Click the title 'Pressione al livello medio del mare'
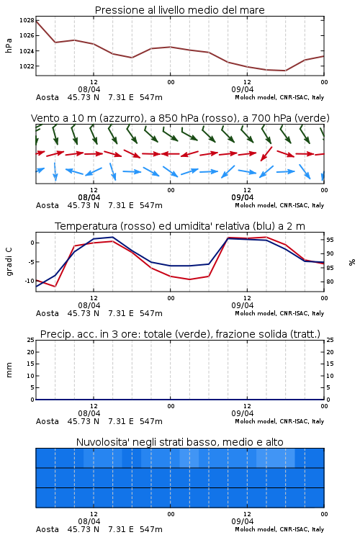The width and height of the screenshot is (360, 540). point(179,10)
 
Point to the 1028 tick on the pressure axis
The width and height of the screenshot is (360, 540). point(27,20)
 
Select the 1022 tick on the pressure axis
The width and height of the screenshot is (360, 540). point(27,66)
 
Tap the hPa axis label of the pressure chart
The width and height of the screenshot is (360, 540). point(9,45)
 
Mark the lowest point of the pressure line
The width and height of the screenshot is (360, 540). point(285,71)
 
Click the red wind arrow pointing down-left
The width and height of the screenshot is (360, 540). point(266,154)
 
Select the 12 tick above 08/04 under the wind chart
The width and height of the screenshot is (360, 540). point(94,190)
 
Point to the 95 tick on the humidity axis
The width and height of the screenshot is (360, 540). point(330,240)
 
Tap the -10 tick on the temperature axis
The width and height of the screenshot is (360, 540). point(30,281)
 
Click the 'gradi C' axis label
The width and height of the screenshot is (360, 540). point(9,262)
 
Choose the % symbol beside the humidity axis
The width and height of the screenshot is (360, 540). point(352,262)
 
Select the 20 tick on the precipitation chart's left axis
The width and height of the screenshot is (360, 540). point(30,352)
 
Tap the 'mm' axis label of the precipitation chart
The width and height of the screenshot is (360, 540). point(9,370)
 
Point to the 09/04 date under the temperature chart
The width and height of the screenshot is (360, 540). point(243,305)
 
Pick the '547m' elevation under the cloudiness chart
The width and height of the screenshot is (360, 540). point(151,529)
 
